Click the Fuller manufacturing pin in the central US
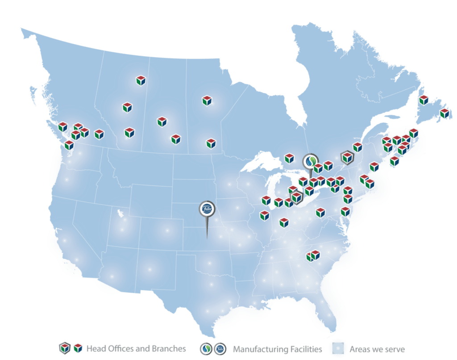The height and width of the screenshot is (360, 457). point(207,209)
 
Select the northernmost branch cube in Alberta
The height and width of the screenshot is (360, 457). point(141,80)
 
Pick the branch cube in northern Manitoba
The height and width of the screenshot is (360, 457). point(207,100)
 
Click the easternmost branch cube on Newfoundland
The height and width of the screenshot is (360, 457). point(444,113)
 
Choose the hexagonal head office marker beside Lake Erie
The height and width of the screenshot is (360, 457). point(296,197)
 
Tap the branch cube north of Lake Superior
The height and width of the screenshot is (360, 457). point(289,158)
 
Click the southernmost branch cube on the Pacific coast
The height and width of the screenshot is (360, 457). point(69,145)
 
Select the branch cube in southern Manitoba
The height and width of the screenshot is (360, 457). point(211,143)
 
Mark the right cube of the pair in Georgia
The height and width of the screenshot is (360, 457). point(316,255)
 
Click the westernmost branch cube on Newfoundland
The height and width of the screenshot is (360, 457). point(424,100)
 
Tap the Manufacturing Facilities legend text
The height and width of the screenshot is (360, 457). point(277,349)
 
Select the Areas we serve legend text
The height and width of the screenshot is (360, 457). point(377,349)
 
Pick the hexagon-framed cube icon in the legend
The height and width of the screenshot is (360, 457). point(65,348)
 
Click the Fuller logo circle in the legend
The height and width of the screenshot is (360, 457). point(220,348)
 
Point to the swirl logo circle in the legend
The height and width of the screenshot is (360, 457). point(207,348)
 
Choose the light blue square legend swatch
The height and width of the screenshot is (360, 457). point(339,348)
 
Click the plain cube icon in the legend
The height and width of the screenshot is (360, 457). point(78,348)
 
